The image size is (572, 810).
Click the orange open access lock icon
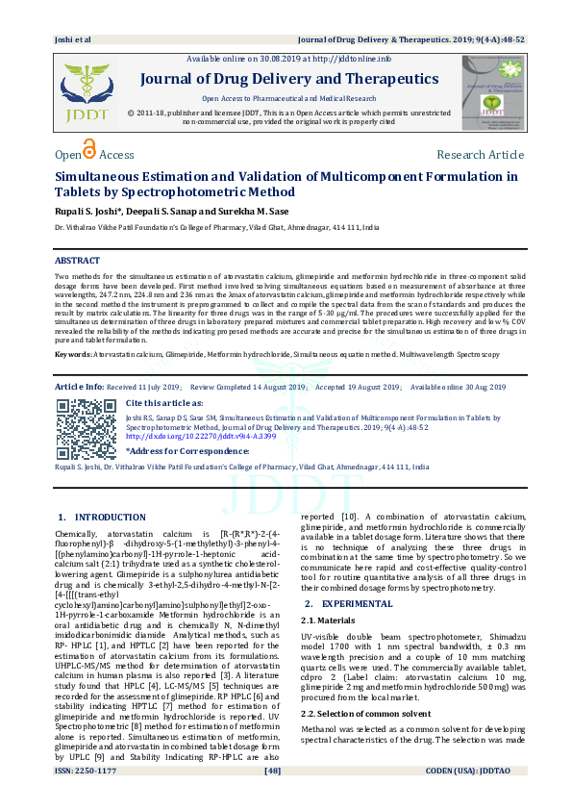point(89,151)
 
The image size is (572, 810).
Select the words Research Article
point(480,155)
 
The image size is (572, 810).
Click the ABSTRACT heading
point(77,261)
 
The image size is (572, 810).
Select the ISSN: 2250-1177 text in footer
point(86,797)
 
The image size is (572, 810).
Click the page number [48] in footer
point(272,797)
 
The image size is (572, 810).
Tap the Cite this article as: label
point(164,403)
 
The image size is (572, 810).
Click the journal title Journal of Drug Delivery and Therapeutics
point(289,79)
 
